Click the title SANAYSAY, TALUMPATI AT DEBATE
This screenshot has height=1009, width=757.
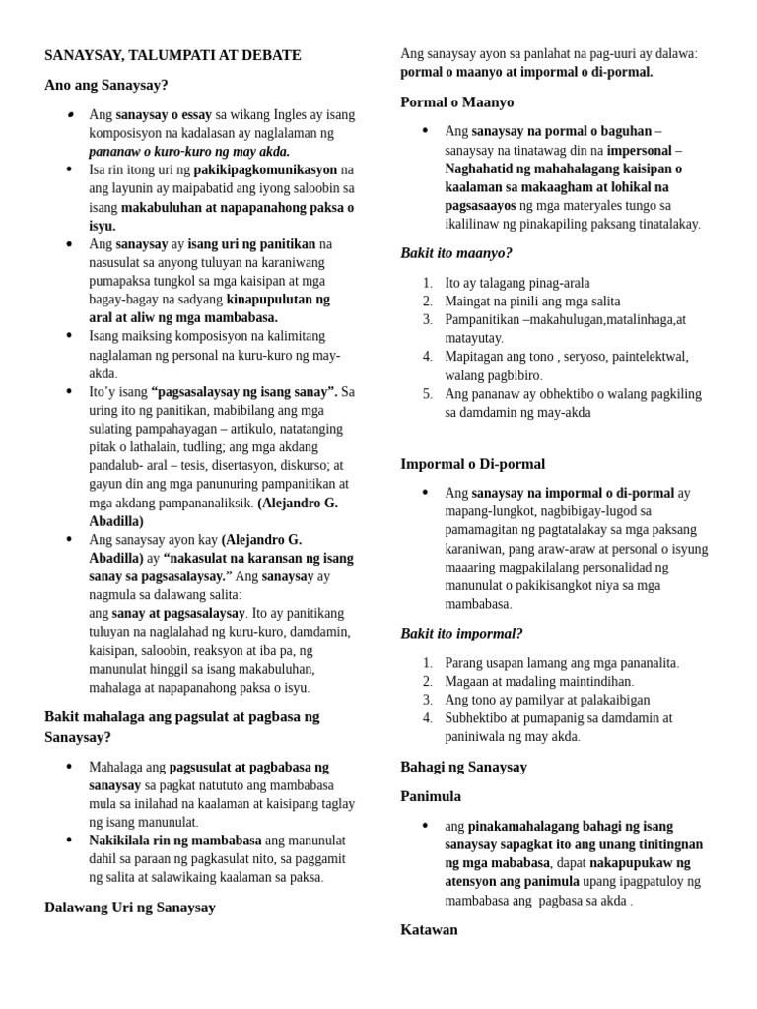[x=172, y=55]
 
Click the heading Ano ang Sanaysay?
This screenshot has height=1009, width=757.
[x=105, y=85]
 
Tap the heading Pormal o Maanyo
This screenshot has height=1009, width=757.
[x=456, y=101]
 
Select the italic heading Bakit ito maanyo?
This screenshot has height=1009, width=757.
[x=456, y=253]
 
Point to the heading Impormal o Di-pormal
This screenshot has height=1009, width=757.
[x=472, y=463]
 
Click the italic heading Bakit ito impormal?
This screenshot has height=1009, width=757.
[x=461, y=633]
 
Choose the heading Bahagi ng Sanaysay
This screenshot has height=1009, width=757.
[x=463, y=766]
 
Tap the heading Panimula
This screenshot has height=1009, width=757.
[x=431, y=795]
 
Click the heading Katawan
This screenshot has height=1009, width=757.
[x=429, y=929]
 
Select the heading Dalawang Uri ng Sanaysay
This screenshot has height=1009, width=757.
[x=130, y=908]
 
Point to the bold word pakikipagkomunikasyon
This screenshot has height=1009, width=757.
[x=266, y=169]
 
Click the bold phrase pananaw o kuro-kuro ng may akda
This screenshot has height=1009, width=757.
[x=189, y=151]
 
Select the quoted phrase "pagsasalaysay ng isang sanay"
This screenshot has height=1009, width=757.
[x=242, y=391]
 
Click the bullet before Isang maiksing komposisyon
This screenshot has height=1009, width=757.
[x=69, y=336]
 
